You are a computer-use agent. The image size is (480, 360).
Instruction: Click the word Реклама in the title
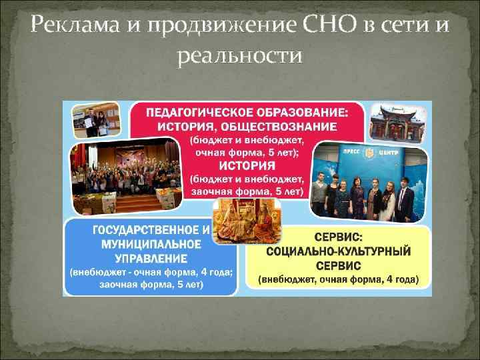[x=69, y=26]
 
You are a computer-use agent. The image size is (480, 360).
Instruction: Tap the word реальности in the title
[x=240, y=57]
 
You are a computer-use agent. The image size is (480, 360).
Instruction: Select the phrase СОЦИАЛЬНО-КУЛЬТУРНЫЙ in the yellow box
[x=339, y=251]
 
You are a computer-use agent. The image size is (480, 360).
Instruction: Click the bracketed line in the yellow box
[x=339, y=280]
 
